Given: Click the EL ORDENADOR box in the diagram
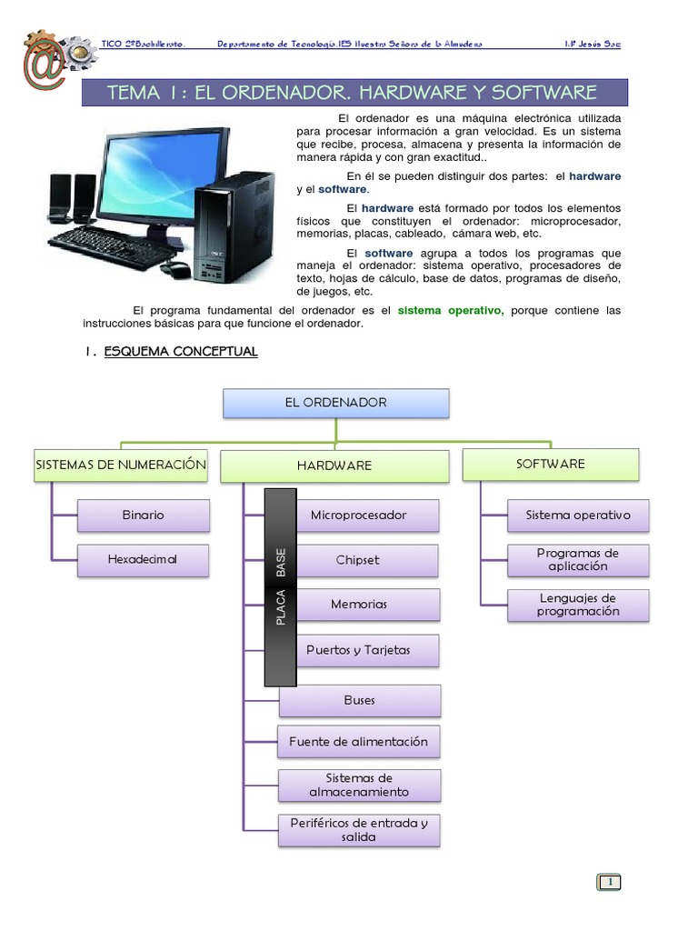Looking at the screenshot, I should [335, 403].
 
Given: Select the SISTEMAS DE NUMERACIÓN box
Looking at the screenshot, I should [121, 465].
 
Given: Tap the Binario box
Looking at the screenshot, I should [144, 515].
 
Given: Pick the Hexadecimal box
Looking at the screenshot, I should [144, 559].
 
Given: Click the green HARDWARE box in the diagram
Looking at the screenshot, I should [334, 465].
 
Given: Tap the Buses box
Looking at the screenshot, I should [359, 700].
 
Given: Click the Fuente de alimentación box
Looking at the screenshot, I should [358, 741].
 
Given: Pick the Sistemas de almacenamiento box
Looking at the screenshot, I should [359, 785].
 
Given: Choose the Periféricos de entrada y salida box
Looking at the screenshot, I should [359, 829].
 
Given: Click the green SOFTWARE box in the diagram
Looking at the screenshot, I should [551, 464].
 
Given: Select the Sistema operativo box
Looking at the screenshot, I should [578, 515].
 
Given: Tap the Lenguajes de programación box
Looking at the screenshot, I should [578, 605].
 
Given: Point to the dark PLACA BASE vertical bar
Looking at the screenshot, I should [280, 587].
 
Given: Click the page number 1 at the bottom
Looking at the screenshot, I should [609, 881].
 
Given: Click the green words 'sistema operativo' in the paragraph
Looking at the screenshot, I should [450, 310].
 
